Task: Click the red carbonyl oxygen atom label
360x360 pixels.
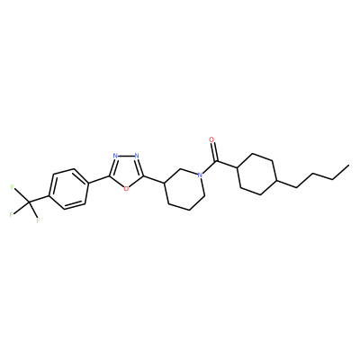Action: [211, 139]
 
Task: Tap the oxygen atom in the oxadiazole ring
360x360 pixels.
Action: [126, 189]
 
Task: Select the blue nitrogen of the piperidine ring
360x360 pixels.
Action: [199, 175]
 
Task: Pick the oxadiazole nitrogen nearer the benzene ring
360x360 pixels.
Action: [115, 156]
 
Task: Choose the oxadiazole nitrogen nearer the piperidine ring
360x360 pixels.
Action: [137, 156]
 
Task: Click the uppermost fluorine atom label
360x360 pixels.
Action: [12, 187]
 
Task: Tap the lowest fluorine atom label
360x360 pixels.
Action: [38, 220]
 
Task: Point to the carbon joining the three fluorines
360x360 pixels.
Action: [30, 203]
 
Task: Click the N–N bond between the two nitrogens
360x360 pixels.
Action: [126, 156]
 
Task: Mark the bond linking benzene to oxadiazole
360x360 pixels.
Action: [99, 179]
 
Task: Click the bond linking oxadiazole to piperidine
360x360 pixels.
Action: [153, 179]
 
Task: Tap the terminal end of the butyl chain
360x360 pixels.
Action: [348, 165]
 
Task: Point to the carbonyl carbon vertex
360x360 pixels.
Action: [216, 162]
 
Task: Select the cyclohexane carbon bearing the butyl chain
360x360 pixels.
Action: [276, 181]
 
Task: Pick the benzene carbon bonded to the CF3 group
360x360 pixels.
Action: [49, 197]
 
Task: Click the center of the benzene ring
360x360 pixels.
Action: [68, 188]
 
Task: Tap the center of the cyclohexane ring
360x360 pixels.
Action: [256, 174]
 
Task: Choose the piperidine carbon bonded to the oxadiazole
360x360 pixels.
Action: [164, 183]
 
